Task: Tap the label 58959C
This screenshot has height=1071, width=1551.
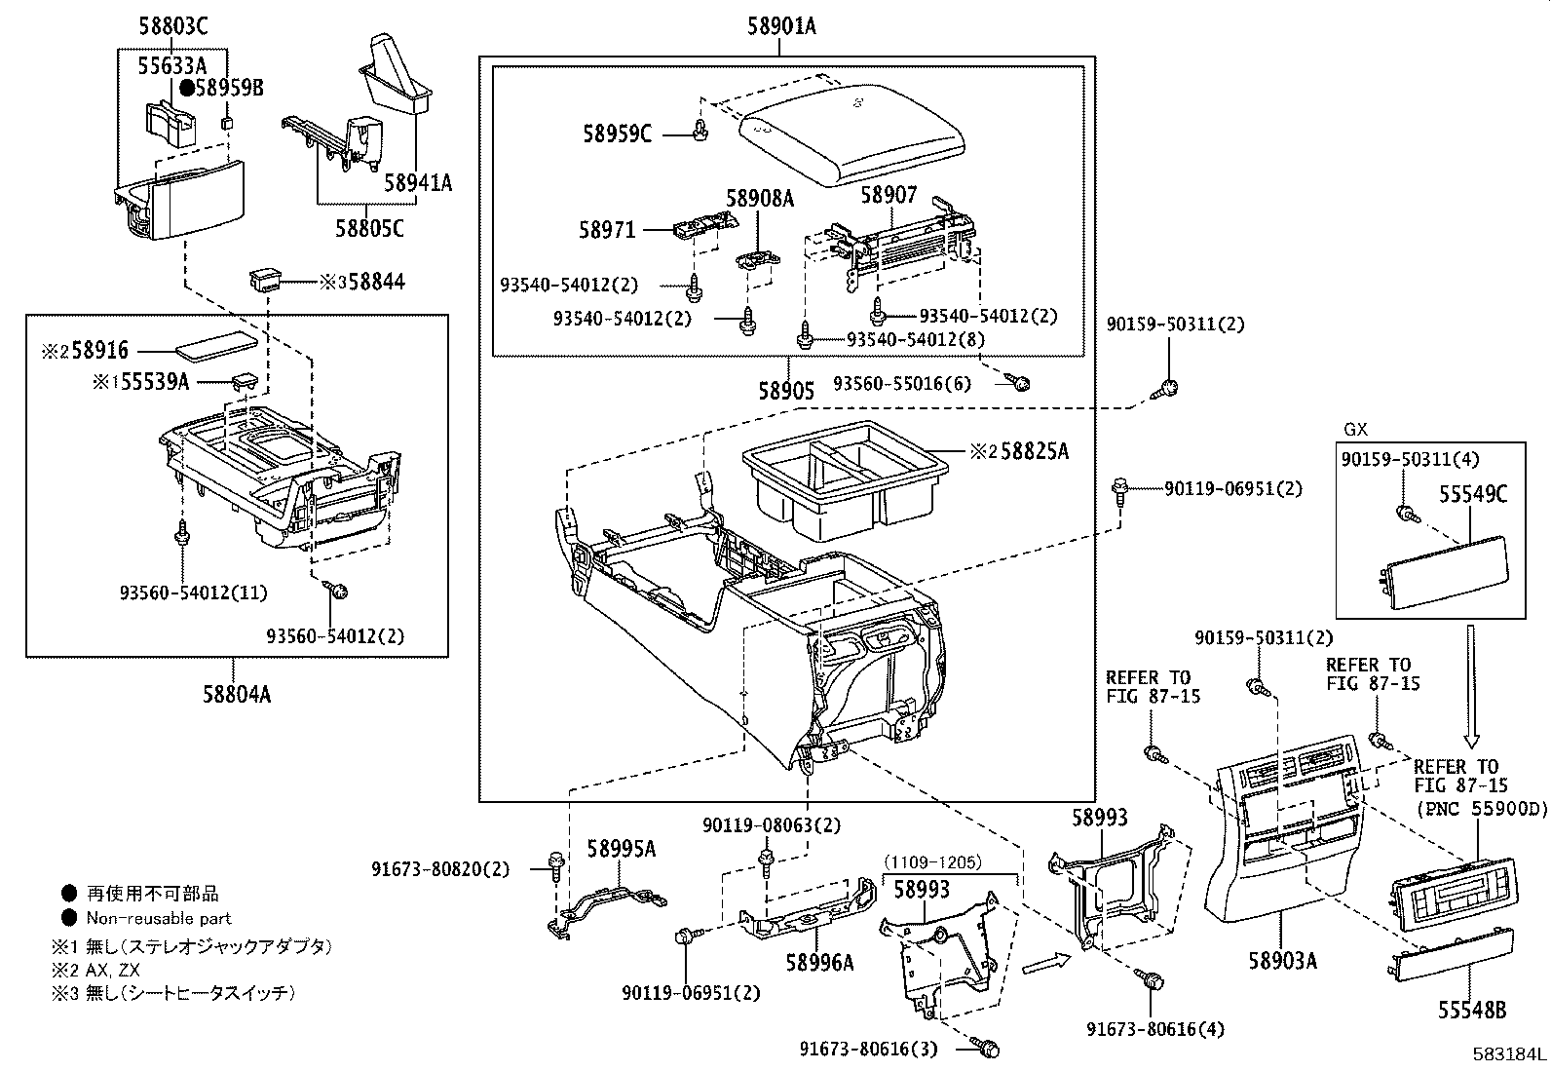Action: [x=618, y=134]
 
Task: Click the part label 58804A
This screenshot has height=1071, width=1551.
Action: [x=237, y=694]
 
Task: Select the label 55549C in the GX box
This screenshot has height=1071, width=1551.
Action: [x=1472, y=494]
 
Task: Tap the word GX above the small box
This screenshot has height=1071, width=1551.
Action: [x=1355, y=429]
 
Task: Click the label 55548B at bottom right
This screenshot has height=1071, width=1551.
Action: [x=1472, y=1011]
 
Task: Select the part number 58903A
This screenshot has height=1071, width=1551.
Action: [x=1283, y=962]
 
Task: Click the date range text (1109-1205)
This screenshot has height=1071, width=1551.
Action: [x=932, y=861]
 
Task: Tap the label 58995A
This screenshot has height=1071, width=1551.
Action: [x=622, y=849]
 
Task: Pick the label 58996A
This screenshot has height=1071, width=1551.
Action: [x=820, y=962]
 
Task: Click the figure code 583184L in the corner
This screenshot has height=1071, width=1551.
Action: [x=1509, y=1054]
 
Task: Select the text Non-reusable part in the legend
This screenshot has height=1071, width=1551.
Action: [x=159, y=918]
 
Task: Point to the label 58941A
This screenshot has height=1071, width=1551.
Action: [x=417, y=182]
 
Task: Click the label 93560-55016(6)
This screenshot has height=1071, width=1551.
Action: [x=902, y=383]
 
